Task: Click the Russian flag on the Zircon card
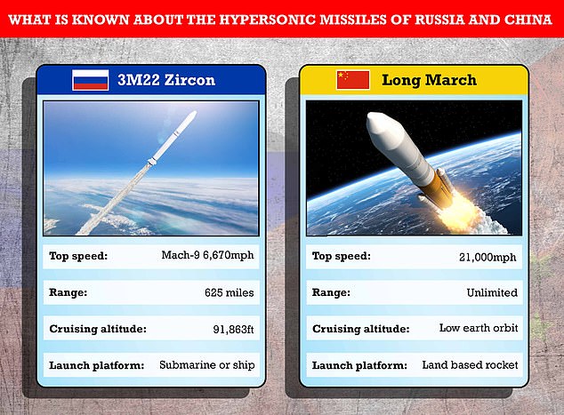coord(90,80)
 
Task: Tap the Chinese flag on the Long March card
coord(353,80)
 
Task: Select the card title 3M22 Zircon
coord(166,80)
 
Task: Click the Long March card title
coord(429,80)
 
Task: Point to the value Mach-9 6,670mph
coord(207,255)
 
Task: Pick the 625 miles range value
coord(230,292)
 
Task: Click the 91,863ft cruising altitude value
coord(233,329)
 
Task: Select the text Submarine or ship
coord(206,365)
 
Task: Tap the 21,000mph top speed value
coord(487,257)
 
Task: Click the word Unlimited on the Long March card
coord(492,292)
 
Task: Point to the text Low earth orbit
coord(479,328)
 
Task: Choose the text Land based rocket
coord(470,365)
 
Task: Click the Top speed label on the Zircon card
coord(78,256)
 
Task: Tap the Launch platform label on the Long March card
coord(359,365)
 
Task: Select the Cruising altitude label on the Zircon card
coord(98,329)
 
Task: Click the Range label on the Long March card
coord(331,292)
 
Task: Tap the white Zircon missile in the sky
coord(173,139)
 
